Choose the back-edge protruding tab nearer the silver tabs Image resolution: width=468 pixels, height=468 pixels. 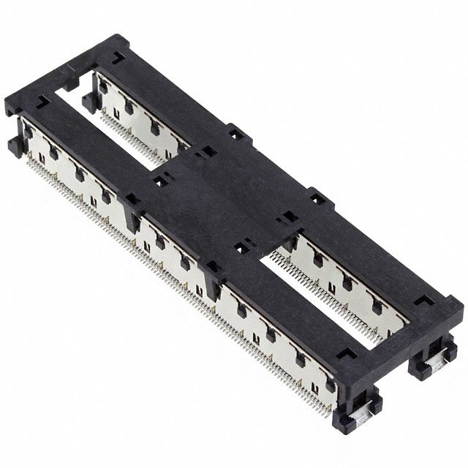coord(316,196)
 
